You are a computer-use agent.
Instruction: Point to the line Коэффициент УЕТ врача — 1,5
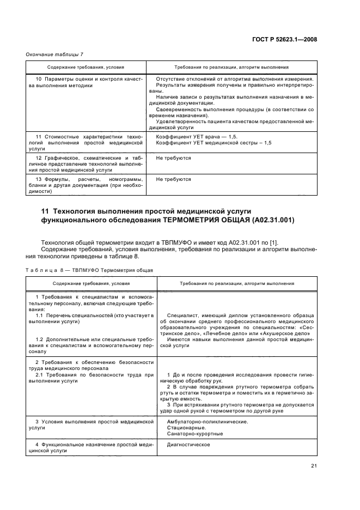197,136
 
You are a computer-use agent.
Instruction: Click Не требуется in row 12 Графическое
173,157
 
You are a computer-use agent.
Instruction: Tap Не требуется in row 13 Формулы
173,179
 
